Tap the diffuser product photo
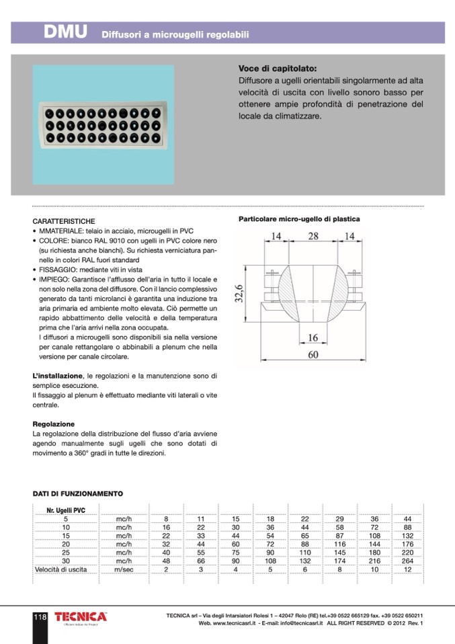pos(103,124)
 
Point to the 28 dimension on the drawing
pos(313,237)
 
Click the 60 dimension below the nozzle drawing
pos(313,356)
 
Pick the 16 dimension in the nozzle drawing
pos(313,337)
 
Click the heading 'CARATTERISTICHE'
pos(64,221)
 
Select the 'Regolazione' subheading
pos(54,424)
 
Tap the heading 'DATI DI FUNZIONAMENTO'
pos(78,494)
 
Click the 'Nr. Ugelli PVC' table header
pos(66,511)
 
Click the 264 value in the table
pos(407,561)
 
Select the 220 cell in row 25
pos(407,553)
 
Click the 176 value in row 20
pos(407,544)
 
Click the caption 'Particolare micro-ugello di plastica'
pos(299,219)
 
